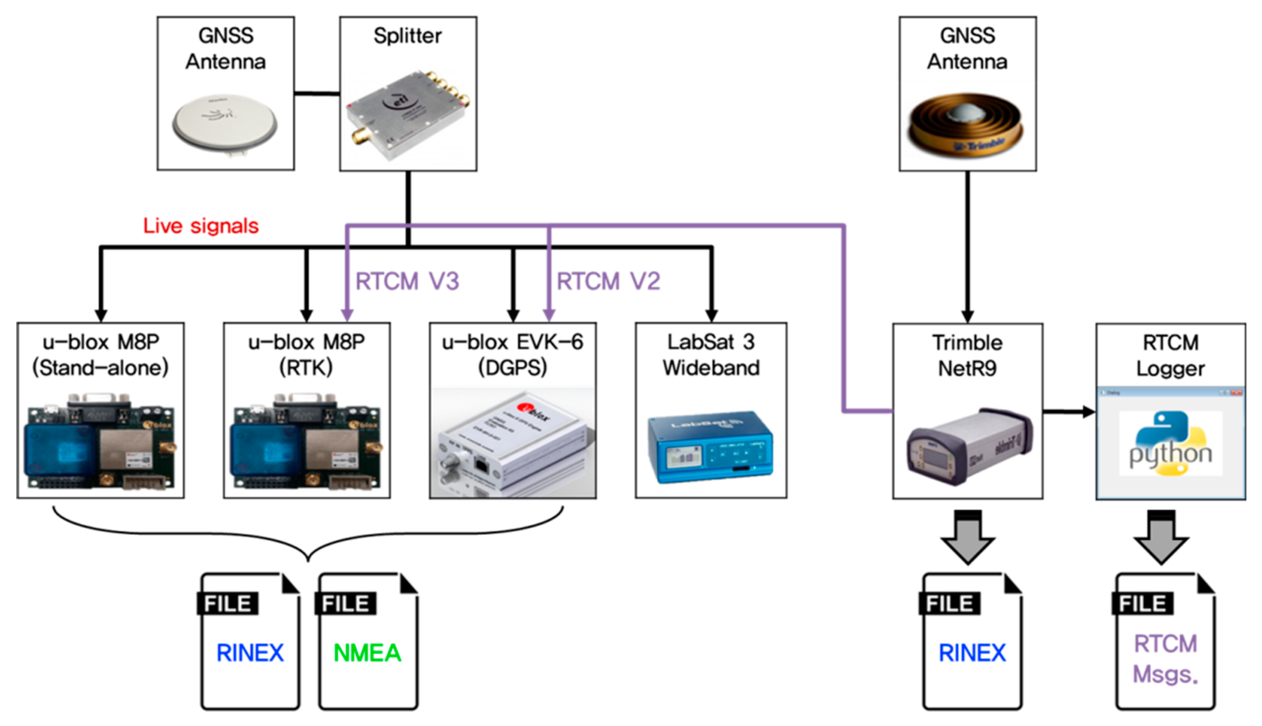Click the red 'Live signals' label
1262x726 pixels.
(x=200, y=226)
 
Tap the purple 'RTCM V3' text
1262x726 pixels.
(x=407, y=281)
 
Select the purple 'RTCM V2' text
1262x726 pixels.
(x=608, y=281)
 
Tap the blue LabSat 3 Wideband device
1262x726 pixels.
(x=710, y=446)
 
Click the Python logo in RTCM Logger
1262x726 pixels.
(x=1170, y=443)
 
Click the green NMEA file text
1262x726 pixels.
(x=367, y=653)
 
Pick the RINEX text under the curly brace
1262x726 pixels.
(x=250, y=653)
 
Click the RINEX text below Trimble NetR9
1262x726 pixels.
(x=972, y=653)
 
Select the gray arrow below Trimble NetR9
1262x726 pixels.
(x=968, y=538)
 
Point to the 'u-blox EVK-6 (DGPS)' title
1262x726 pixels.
(x=512, y=354)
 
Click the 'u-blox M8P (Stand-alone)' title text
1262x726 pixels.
(x=100, y=354)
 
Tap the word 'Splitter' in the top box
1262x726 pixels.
(x=408, y=35)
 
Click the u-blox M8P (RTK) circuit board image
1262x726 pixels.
(x=307, y=442)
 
